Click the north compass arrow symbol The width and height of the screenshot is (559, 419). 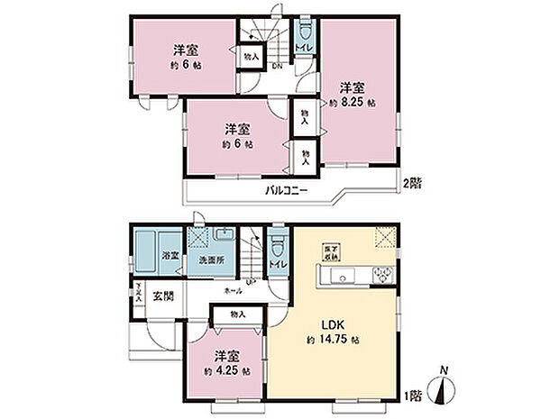point(441,392)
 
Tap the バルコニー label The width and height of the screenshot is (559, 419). point(288,191)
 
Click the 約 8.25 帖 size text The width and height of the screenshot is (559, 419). point(353,104)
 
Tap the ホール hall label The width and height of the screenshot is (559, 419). point(233,292)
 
